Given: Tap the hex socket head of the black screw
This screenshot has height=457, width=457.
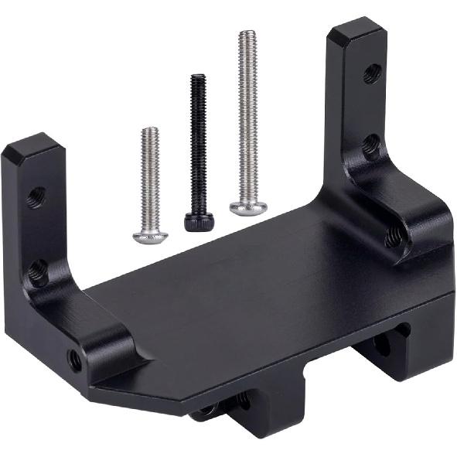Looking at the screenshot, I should click(194, 221).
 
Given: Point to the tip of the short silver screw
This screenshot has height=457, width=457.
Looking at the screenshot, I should click(151, 131).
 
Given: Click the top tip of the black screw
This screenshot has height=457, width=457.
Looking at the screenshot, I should click(198, 77).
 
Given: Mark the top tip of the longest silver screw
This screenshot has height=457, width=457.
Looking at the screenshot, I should click(247, 33).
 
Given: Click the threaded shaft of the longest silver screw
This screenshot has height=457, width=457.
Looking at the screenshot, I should click(247, 116).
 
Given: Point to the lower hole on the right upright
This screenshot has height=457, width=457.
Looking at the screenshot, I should click(372, 145).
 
